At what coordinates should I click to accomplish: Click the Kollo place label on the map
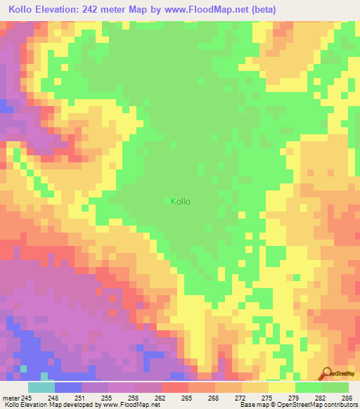pyautogui.click(x=181, y=202)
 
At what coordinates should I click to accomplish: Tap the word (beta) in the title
pyautogui.click(x=262, y=10)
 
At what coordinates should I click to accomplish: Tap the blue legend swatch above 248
pyautogui.click(x=67, y=387)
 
